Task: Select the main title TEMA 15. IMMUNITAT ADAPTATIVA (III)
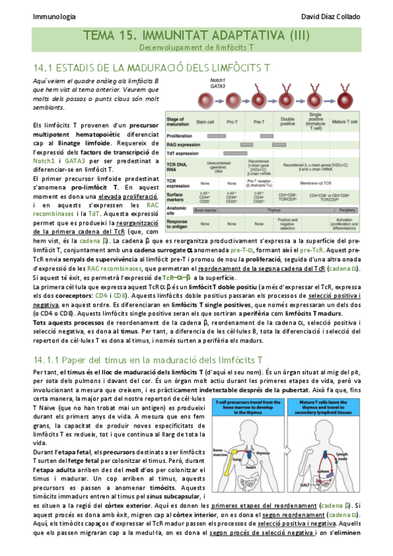[x=196, y=36]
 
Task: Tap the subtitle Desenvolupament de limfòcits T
[x=196, y=48]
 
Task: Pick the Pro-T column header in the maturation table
[x=232, y=122]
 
